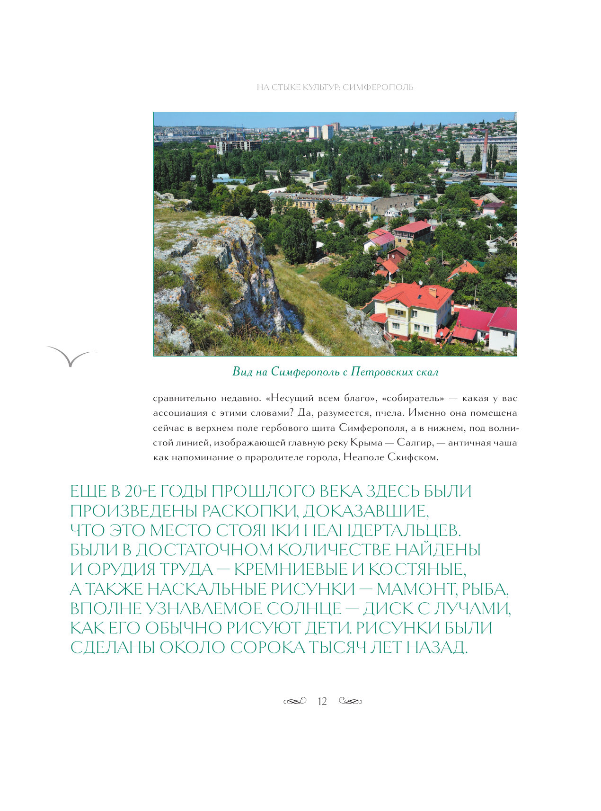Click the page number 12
click(x=322, y=701)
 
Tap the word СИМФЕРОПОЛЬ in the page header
click(x=378, y=88)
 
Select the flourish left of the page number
click(x=295, y=701)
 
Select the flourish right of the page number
click(x=351, y=701)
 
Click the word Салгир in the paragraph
click(x=415, y=443)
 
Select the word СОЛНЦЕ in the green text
click(x=304, y=608)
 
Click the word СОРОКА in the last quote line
click(x=268, y=647)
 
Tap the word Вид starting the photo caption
click(x=242, y=372)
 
